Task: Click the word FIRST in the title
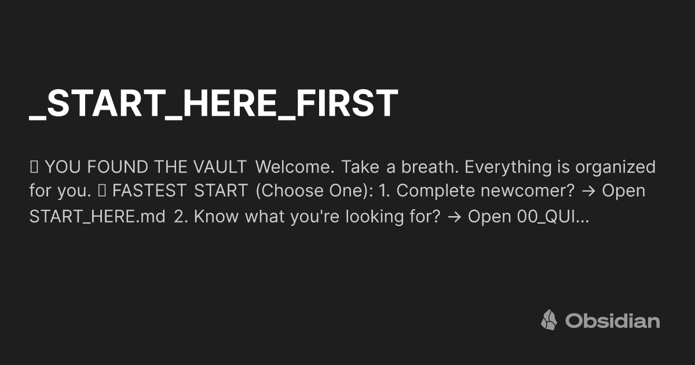click(x=347, y=103)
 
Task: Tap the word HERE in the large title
click(x=229, y=103)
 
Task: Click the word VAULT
click(x=220, y=167)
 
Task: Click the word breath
click(x=430, y=167)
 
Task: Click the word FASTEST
click(x=149, y=191)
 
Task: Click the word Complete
click(x=436, y=191)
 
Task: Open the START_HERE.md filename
click(x=97, y=216)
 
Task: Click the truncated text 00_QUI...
click(x=553, y=216)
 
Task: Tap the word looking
click(x=375, y=217)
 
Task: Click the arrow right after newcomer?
click(x=588, y=191)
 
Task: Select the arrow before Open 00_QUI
click(x=455, y=217)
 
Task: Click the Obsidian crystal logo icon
click(x=549, y=320)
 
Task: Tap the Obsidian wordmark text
click(x=613, y=320)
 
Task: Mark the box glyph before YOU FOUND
click(x=34, y=167)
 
